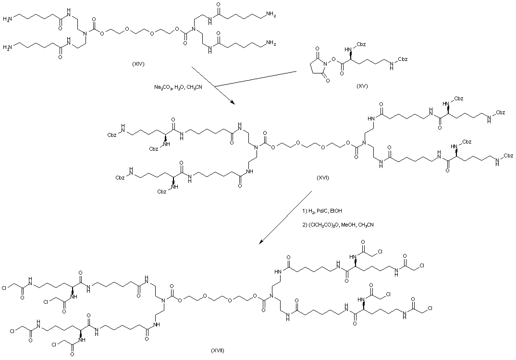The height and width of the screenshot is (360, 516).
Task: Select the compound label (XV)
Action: click(362, 86)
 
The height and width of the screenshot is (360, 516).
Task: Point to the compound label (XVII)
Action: click(217, 350)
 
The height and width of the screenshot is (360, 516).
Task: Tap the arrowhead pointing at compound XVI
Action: click(233, 103)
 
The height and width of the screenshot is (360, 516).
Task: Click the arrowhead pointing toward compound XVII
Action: click(261, 243)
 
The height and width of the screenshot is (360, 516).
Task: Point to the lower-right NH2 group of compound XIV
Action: click(272, 43)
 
